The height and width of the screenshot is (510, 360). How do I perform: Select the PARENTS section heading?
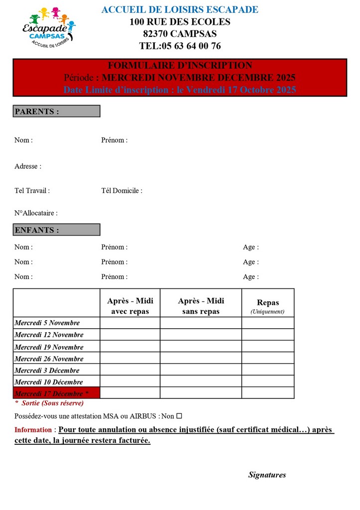click(56, 111)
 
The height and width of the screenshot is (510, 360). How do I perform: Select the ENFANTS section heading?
click(56, 230)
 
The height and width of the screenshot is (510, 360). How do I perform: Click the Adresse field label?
click(28, 166)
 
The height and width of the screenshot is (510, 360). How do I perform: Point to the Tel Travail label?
click(32, 190)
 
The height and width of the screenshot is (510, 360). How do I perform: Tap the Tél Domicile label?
click(121, 190)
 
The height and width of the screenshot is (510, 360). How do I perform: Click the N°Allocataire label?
click(36, 213)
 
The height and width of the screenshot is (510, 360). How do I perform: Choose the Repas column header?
click(268, 303)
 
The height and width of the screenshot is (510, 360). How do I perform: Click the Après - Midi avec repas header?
click(130, 306)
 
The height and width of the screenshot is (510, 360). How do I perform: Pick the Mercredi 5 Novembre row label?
click(47, 323)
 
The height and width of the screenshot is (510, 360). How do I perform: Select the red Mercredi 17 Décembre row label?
click(56, 393)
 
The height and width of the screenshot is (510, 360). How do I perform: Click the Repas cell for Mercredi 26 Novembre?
click(268, 358)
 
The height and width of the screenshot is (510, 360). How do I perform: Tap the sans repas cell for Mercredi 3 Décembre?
click(201, 370)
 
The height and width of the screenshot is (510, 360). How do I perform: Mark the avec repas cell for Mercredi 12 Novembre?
click(130, 335)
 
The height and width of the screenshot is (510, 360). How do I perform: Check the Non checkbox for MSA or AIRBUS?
click(179, 416)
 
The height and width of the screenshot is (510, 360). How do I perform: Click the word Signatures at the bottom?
click(267, 475)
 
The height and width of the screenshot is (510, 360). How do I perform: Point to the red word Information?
click(33, 430)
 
